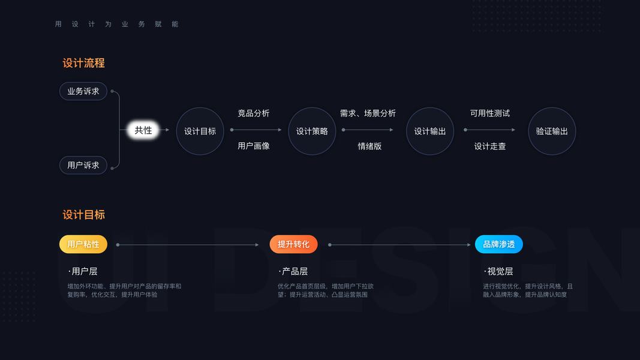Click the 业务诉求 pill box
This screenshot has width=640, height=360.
click(83, 91)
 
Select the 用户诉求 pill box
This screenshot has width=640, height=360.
click(83, 165)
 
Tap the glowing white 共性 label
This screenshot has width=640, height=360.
click(143, 130)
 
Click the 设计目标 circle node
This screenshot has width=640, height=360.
click(200, 131)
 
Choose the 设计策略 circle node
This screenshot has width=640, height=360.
click(312, 131)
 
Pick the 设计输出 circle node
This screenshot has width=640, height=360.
click(430, 131)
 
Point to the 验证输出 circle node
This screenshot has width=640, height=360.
click(552, 131)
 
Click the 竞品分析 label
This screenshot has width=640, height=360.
click(254, 113)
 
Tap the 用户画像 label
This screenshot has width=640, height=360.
click(254, 146)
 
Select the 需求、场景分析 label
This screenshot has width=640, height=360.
click(368, 113)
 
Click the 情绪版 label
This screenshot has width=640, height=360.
click(369, 146)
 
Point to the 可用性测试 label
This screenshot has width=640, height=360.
click(490, 113)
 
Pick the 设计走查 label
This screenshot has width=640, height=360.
click(490, 146)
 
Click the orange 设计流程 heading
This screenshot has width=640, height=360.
click(84, 63)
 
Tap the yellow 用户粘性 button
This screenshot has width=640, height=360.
click(83, 244)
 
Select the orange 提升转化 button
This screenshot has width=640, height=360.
click(293, 244)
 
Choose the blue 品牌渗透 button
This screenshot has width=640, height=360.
click(499, 244)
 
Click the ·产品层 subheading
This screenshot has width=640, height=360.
click(293, 271)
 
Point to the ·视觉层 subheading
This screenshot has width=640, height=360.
click(498, 271)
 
